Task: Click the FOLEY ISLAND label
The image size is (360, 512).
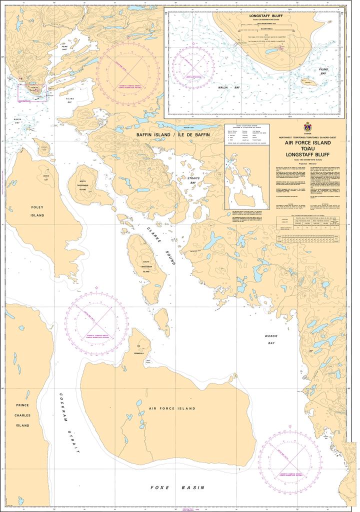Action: coord(37,210)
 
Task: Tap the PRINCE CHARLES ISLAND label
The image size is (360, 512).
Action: coord(22,415)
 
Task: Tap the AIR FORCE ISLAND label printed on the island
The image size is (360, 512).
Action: coord(171,408)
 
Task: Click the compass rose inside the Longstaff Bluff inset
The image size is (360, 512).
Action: coord(192,68)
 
